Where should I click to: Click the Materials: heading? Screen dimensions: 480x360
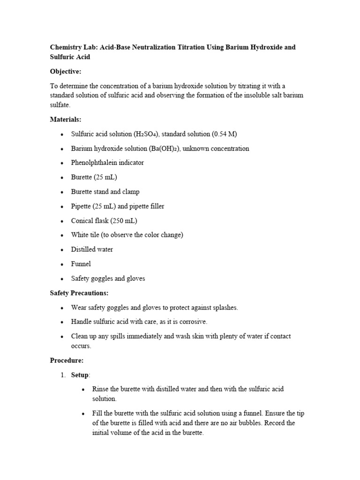[x=66, y=120]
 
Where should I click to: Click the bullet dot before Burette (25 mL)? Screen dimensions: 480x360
[x=62, y=178]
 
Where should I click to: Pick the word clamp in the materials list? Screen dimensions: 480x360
[x=131, y=192]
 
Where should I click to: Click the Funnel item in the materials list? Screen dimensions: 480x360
[x=81, y=264]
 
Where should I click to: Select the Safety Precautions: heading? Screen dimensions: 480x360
[x=79, y=293]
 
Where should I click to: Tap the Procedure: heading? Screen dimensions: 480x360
[x=67, y=361]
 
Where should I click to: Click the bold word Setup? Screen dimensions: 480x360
[x=80, y=375]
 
